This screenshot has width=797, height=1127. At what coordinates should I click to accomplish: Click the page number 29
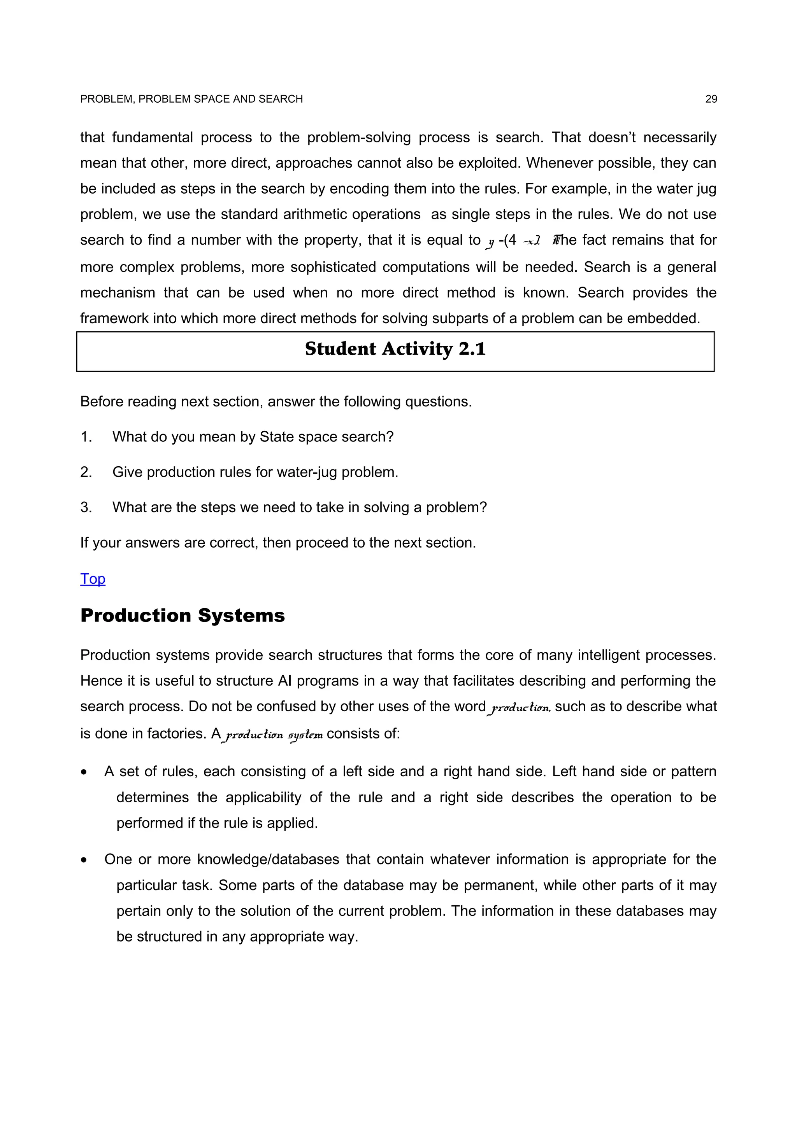[x=711, y=99]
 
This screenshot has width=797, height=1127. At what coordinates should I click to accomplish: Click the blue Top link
[x=93, y=579]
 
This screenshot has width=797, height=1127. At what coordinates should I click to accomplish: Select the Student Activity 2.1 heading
[x=395, y=349]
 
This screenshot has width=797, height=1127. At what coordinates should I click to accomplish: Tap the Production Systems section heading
[x=182, y=616]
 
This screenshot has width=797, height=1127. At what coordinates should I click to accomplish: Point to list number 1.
[x=86, y=436]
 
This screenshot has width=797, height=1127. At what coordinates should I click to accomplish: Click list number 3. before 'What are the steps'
[x=86, y=507]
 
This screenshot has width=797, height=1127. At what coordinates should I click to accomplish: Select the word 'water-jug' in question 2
[x=307, y=472]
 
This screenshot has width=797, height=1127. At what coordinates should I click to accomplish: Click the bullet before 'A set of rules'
[x=84, y=772]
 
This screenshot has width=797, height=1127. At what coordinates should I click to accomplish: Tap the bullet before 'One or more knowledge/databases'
[x=84, y=860]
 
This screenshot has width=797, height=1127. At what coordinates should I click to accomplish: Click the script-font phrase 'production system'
[x=272, y=734]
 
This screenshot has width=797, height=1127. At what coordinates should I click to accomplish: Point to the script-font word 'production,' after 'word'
[x=520, y=707]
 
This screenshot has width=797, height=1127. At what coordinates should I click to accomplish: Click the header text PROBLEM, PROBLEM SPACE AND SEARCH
[x=191, y=99]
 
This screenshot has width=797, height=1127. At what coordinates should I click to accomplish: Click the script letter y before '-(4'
[x=490, y=241]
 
